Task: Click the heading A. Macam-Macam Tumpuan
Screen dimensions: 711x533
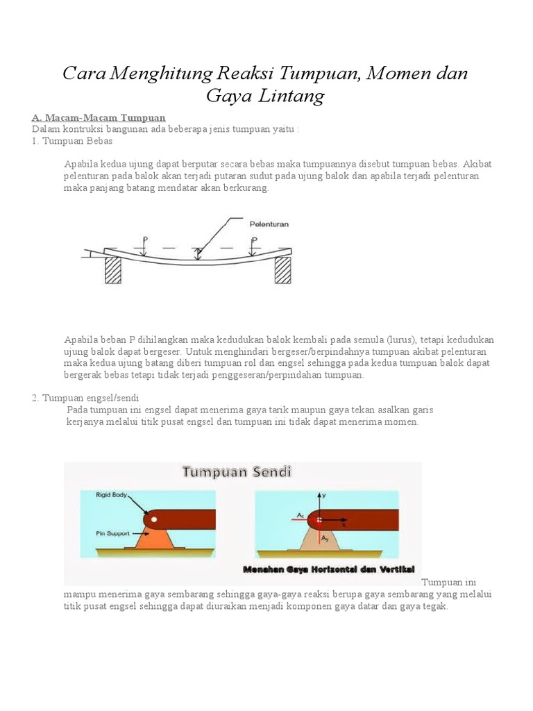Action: tap(99, 117)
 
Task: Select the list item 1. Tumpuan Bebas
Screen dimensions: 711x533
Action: tap(71, 140)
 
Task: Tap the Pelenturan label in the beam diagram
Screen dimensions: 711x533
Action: tap(269, 224)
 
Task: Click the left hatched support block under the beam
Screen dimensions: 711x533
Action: tap(112, 269)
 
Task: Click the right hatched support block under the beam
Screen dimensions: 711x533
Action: tap(282, 269)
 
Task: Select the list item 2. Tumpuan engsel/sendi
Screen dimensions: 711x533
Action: tap(85, 397)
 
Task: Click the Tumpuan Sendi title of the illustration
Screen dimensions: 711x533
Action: tap(237, 472)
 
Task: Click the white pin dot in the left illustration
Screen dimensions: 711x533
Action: tap(154, 519)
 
